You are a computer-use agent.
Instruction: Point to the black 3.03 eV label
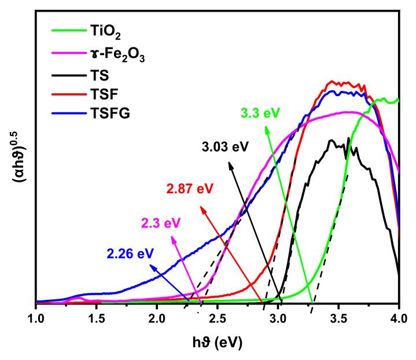click(x=225, y=146)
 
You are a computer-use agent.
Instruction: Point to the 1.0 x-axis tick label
click(x=36, y=318)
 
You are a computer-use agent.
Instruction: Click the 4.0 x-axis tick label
click(x=398, y=318)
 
